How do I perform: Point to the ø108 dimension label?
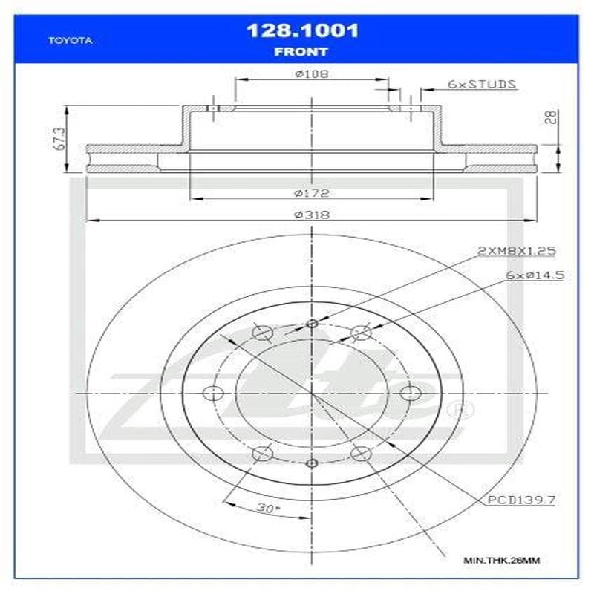tap(312, 74)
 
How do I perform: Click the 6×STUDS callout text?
tap(482, 84)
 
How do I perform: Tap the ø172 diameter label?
tap(311, 193)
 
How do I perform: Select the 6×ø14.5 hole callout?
tap(535, 275)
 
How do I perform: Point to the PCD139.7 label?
tap(522, 502)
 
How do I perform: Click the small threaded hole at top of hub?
tap(312, 323)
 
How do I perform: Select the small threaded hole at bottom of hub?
tap(312, 463)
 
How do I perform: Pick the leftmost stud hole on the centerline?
tap(213, 394)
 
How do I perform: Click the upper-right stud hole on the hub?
tap(361, 332)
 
